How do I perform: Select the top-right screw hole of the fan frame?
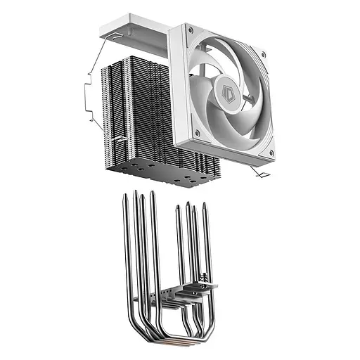coord(262,53)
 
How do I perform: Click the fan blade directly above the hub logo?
coord(224,63)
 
